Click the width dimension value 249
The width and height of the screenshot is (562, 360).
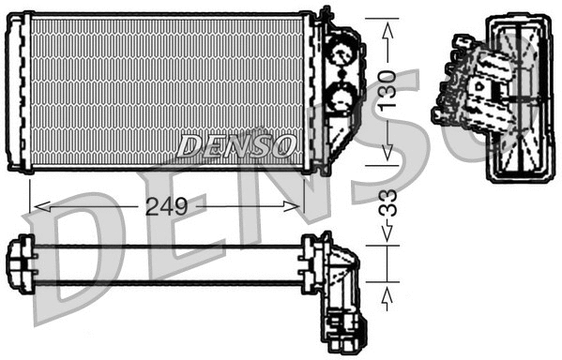pyautogui.click(x=166, y=205)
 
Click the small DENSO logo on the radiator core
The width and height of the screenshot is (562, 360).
pyautogui.click(x=236, y=145)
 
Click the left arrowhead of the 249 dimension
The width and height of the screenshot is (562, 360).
pyautogui.click(x=38, y=205)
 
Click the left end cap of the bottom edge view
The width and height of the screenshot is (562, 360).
pyautogui.click(x=21, y=264)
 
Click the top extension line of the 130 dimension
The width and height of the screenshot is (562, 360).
pyautogui.click(x=375, y=16)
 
